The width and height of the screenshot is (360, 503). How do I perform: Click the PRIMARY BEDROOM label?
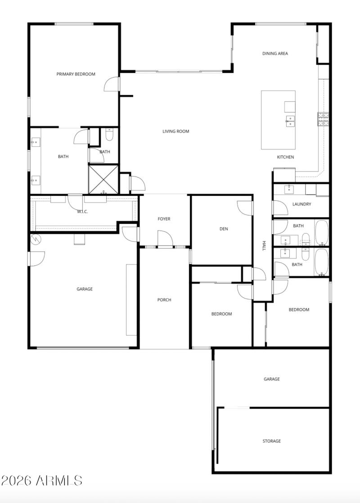76,74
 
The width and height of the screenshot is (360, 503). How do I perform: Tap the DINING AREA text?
275,54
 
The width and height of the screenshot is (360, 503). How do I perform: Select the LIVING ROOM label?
175,131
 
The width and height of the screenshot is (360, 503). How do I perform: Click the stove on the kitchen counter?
323,119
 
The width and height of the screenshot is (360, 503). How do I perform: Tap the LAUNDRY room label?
301,204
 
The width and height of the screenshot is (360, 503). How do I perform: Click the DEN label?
224,229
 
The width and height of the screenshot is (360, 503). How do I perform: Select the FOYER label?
164,219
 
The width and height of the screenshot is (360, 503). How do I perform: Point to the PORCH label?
164,300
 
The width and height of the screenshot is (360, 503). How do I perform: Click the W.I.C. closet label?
82,212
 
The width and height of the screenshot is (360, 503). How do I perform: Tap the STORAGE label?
271,441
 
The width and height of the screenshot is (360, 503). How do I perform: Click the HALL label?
265,245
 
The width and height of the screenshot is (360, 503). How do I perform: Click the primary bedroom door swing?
112,84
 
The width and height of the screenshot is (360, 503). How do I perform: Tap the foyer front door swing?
165,238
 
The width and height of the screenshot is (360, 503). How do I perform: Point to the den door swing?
245,207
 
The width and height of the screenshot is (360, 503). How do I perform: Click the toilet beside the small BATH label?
109,135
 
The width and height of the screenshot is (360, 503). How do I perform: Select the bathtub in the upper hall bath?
322,232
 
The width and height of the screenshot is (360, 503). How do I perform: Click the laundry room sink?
289,189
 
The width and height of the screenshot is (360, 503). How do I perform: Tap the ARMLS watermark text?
41,480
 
